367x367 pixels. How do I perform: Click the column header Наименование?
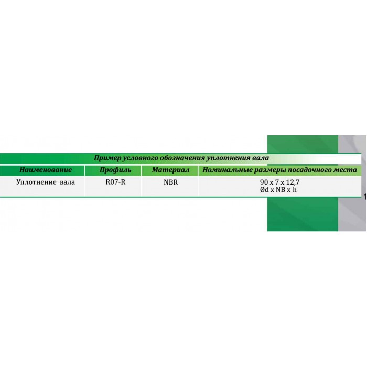click(x=46, y=170)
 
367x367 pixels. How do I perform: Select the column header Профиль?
click(x=115, y=170)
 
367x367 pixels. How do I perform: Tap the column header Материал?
click(x=170, y=170)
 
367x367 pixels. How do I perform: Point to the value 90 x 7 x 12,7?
click(x=279, y=182)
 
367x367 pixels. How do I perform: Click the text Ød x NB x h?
click(x=278, y=190)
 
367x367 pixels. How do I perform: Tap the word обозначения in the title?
click(x=182, y=158)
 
